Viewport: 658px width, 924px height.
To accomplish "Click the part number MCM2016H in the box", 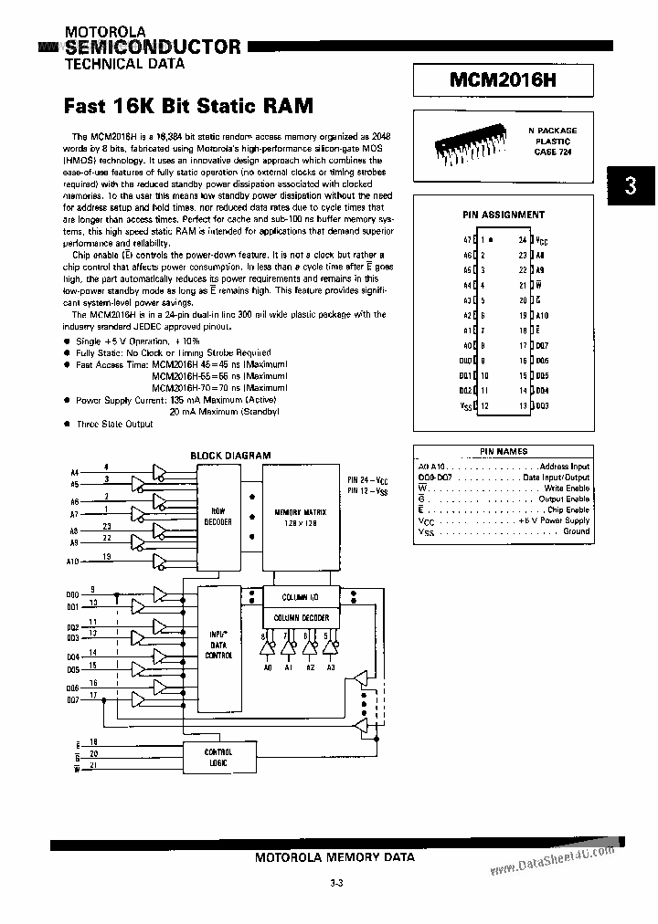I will tap(503, 81).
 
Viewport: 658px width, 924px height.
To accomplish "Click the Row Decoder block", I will tap(221, 516).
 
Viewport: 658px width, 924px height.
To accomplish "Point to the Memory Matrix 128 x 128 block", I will tap(301, 518).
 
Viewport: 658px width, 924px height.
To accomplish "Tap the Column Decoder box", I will tap(301, 618).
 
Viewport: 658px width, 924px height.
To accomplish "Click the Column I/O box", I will tap(301, 595).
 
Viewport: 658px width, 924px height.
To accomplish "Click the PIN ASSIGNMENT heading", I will tap(503, 215).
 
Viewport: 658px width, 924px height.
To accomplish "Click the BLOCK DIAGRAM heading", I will tap(230, 455).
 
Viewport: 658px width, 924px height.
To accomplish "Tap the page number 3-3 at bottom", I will tap(335, 884).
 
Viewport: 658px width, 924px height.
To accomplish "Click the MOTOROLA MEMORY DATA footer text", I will tap(334, 857).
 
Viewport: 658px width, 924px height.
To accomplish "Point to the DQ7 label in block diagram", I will tap(74, 699).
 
